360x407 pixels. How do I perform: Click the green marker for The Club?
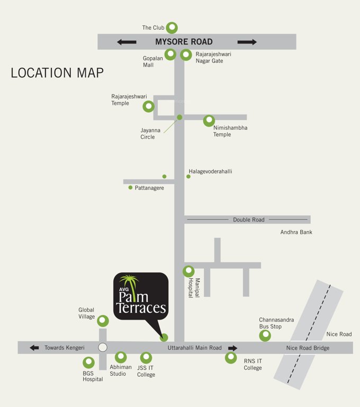pyautogui.click(x=172, y=28)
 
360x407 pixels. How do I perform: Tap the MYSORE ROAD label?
pyautogui.click(x=184, y=42)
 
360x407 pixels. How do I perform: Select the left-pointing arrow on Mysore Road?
pyautogui.click(x=127, y=42)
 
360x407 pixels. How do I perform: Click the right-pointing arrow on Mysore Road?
pyautogui.click(x=247, y=42)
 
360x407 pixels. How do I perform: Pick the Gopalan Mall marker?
pyautogui.click(x=170, y=54)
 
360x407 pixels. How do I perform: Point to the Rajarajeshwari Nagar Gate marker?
pyautogui.click(x=186, y=55)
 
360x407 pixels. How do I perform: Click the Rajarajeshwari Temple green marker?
pyautogui.click(x=149, y=107)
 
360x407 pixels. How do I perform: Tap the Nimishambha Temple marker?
pyautogui.click(x=210, y=121)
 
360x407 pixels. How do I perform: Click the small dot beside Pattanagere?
pyautogui.click(x=130, y=187)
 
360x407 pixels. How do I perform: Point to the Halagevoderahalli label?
pyautogui.click(x=210, y=172)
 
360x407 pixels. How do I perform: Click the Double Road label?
pyautogui.click(x=248, y=219)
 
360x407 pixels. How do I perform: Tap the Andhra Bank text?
pyautogui.click(x=296, y=232)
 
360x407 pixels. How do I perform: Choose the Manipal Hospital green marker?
pyautogui.click(x=189, y=271)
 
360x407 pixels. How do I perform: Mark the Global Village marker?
pyautogui.click(x=103, y=321)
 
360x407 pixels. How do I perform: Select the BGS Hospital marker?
pyautogui.click(x=88, y=362)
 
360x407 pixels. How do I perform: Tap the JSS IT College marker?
pyautogui.click(x=146, y=358)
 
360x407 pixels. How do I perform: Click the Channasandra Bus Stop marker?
pyautogui.click(x=265, y=335)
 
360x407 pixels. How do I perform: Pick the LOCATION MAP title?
pyautogui.click(x=57, y=73)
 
